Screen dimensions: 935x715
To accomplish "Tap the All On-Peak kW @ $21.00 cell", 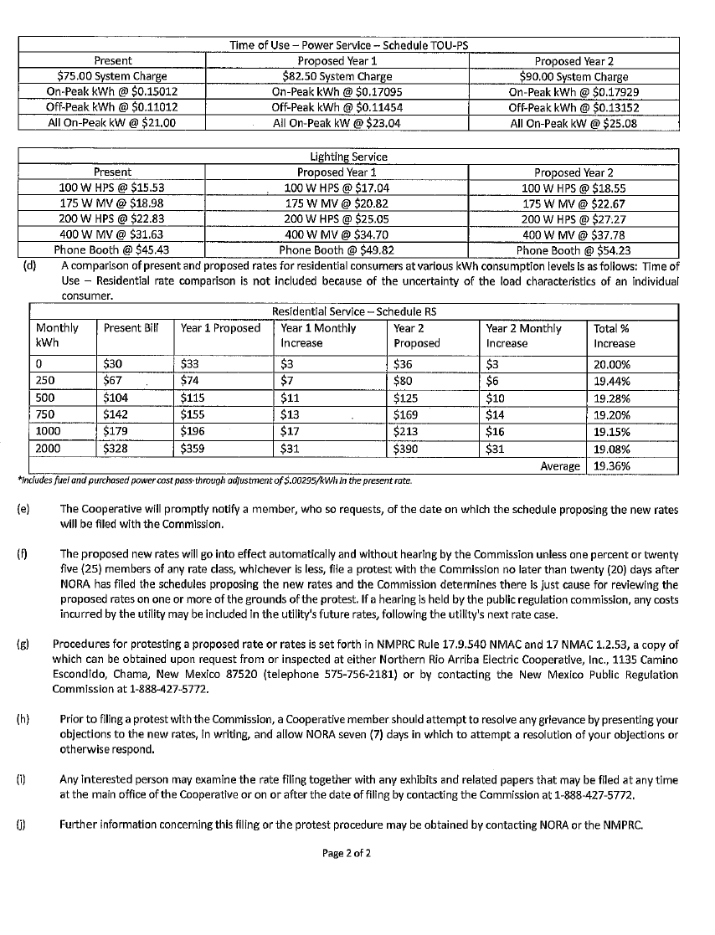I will pyautogui.click(x=112, y=123).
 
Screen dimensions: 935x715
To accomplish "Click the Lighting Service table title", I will pyautogui.click(x=348, y=157).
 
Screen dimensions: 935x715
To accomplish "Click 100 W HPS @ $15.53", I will pyautogui.click(x=112, y=188).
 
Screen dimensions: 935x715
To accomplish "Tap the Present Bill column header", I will pyautogui.click(x=131, y=328).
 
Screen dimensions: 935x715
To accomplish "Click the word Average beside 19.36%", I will pyautogui.click(x=560, y=466).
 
